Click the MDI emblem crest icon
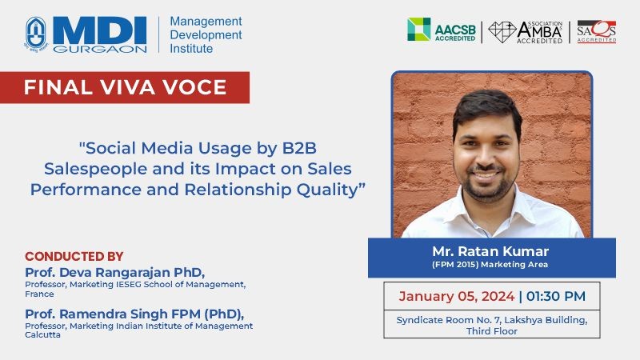click(36, 34)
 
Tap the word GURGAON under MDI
click(100, 49)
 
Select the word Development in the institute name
click(206, 34)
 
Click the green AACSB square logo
click(418, 30)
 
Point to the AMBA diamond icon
click(502, 32)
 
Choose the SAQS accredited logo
click(596, 31)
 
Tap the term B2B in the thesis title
click(299, 148)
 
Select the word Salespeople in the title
click(95, 170)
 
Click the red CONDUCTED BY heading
click(74, 256)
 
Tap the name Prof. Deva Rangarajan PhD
click(114, 272)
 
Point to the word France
click(39, 294)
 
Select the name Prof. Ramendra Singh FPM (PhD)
click(134, 314)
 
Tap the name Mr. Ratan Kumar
click(490, 251)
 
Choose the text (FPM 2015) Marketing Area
click(490, 265)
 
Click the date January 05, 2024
click(456, 296)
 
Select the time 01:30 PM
click(555, 296)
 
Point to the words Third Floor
click(492, 331)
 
